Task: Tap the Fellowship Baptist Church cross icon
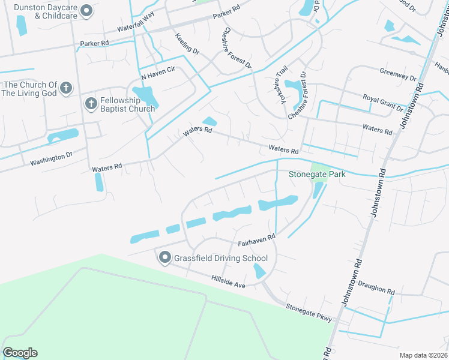tap(91, 104)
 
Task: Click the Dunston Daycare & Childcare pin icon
tap(86, 11)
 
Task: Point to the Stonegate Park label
tap(318, 175)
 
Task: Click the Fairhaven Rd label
tap(256, 241)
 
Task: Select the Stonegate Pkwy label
tap(309, 313)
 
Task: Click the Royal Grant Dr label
tap(383, 102)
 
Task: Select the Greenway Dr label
tap(397, 74)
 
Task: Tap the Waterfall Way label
tap(136, 25)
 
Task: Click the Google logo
tap(20, 353)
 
